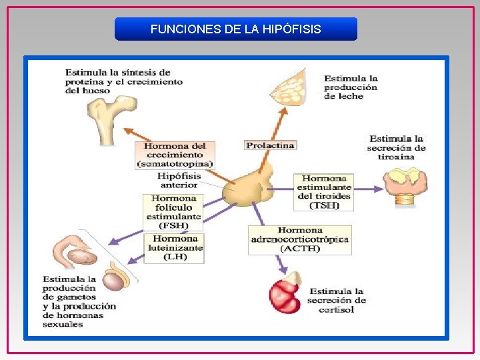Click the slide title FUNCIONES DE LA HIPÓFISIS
235,29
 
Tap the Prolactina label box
270,145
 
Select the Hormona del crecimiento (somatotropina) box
175,155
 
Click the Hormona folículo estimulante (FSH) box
173,212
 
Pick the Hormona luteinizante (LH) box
175,247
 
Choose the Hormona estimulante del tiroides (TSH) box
324,192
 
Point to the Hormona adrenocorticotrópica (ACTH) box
300,239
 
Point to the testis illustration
114,279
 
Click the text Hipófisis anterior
179,181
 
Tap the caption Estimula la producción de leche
350,87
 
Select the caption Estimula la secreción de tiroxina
396,147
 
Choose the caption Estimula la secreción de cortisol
336,301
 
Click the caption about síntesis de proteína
123,81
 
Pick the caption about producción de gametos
79,301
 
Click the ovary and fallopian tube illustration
75,249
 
